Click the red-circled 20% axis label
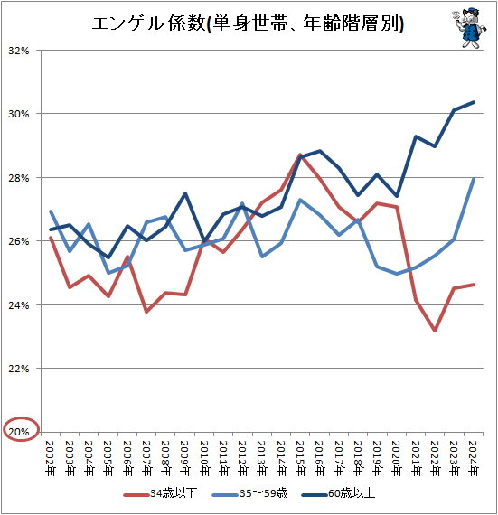pyautogui.click(x=19, y=432)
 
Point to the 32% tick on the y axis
pyautogui.click(x=19, y=51)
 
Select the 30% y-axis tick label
pyautogui.click(x=19, y=114)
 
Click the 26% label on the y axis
pyautogui.click(x=19, y=241)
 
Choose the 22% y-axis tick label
pyautogui.click(x=19, y=369)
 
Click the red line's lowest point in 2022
pyautogui.click(x=436, y=331)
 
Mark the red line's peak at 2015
pyautogui.click(x=300, y=154)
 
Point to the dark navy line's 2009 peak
pyautogui.click(x=184, y=193)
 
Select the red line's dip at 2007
pyautogui.click(x=146, y=312)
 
